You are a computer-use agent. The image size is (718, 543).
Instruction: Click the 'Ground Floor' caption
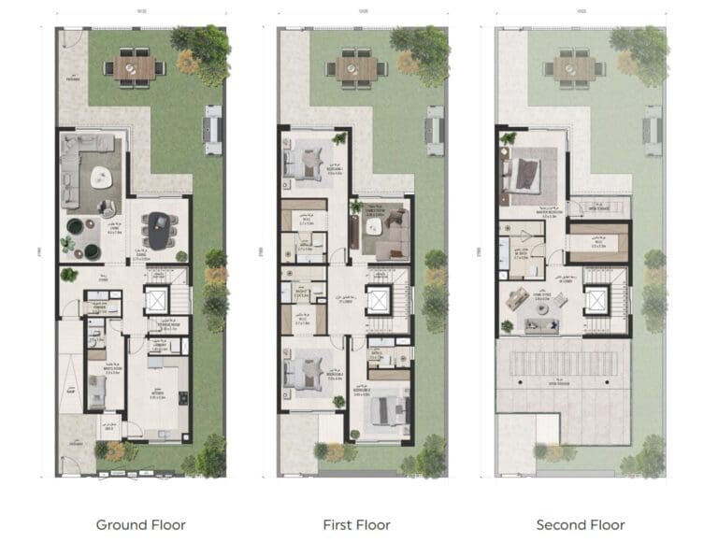point(140,524)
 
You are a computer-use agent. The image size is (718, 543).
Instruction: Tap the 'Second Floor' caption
point(580,524)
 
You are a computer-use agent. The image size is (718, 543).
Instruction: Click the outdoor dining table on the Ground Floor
point(136,67)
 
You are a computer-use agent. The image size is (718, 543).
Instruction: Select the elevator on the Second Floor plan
point(596,301)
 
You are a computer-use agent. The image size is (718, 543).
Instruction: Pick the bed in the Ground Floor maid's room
point(96,393)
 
